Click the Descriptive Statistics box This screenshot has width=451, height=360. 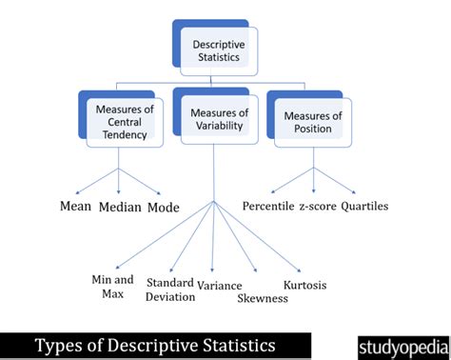219,50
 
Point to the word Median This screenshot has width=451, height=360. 121,207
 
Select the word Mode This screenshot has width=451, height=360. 163,207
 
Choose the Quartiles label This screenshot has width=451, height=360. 367,206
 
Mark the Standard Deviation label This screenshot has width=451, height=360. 170,289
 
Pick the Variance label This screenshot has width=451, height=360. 219,285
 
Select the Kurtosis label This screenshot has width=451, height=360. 305,285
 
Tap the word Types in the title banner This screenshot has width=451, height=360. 58,344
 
